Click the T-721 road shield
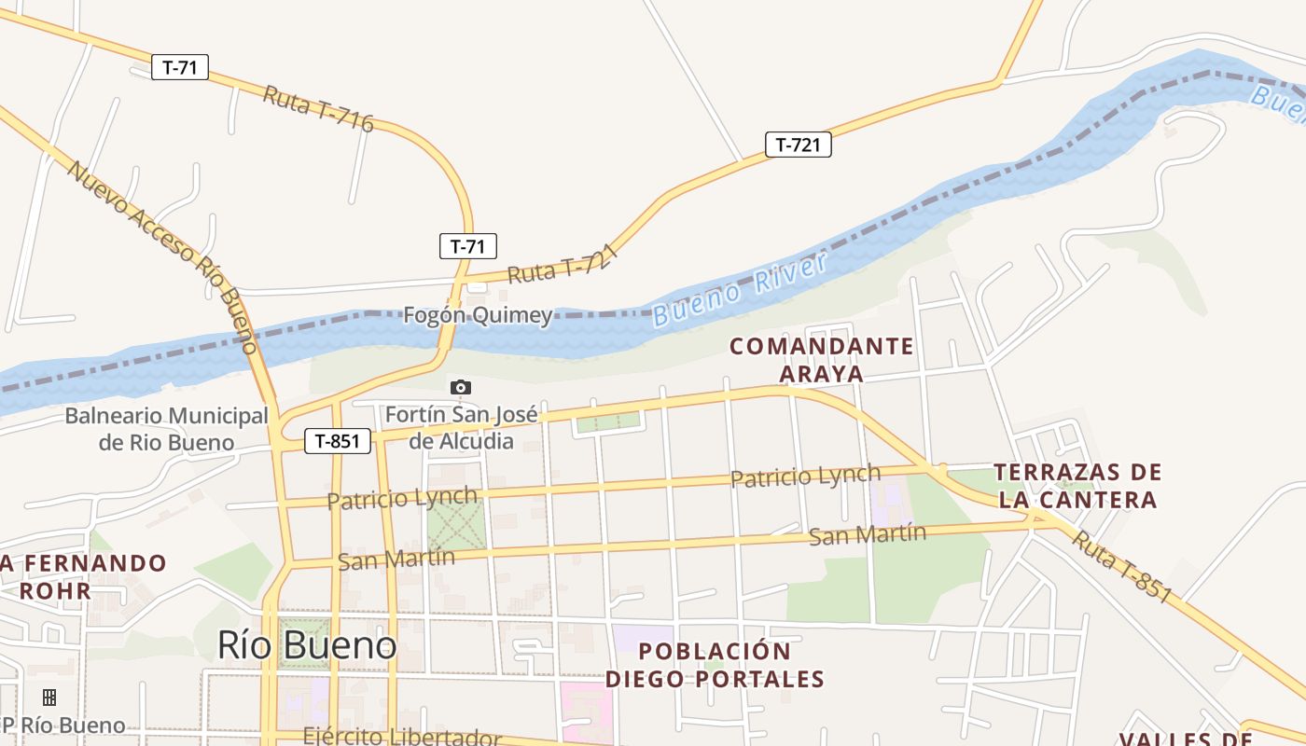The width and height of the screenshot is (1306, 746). tap(798, 145)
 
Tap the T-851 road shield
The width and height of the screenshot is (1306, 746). tap(338, 441)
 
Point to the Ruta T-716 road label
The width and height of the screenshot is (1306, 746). tap(318, 109)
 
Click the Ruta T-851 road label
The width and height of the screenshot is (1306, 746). tap(1121, 566)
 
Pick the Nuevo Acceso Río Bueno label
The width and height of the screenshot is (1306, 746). tap(161, 257)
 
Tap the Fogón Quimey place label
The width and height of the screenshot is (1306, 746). tap(478, 315)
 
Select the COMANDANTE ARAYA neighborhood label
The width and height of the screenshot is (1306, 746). tap(821, 360)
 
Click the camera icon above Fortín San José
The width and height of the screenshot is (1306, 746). tap(460, 387)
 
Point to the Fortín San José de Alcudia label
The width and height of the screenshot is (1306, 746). tap(461, 427)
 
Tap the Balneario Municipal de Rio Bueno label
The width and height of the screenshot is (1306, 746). tap(166, 428)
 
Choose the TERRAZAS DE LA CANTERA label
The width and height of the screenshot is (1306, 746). tap(1077, 486)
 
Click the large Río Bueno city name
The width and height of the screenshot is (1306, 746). tap(307, 644)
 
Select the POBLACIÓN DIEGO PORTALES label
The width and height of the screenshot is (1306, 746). tap(715, 665)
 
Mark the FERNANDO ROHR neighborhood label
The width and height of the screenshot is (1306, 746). tap(83, 576)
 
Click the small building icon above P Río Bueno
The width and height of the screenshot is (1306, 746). tap(49, 697)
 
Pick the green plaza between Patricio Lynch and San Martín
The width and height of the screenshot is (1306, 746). tap(456, 525)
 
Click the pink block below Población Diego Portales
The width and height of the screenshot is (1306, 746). tap(587, 711)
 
